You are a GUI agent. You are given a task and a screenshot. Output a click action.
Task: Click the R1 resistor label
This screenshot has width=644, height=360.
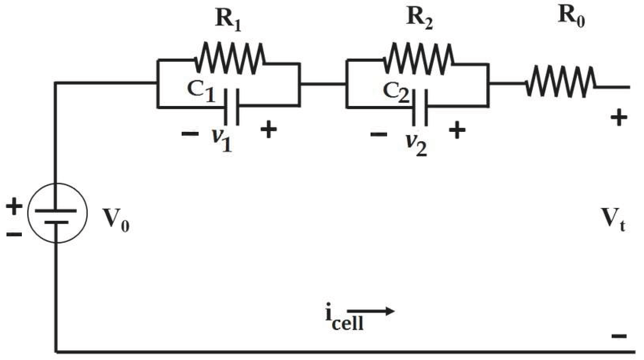pos(228,19)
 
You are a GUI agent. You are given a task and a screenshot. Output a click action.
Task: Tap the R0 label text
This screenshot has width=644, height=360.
pos(571,16)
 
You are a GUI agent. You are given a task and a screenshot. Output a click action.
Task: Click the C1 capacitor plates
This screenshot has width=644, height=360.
pos(232,107)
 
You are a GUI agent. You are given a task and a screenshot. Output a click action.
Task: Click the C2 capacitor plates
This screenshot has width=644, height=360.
pos(420,108)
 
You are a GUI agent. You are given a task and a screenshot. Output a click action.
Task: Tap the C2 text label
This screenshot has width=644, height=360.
pos(396,92)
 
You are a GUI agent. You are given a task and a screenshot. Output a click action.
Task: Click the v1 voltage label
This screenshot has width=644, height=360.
pos(222,140)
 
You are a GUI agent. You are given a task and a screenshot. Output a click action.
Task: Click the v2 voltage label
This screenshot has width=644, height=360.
pos(416,144)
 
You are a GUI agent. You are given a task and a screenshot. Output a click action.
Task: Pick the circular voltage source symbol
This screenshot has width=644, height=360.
pos(57,213)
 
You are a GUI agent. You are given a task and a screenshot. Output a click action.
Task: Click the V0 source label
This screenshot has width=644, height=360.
pos(116,220)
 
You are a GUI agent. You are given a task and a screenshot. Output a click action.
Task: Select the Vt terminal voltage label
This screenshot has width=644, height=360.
pos(613,220)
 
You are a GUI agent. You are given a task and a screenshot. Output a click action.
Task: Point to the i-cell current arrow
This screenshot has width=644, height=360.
pos(371,311)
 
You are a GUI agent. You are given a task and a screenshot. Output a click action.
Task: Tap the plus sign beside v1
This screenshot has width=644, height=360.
pos(268,130)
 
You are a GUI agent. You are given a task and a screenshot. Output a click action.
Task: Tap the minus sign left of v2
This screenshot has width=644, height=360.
pos(379,134)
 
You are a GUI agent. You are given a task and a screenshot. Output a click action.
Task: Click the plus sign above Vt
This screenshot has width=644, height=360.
pos(619,118)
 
